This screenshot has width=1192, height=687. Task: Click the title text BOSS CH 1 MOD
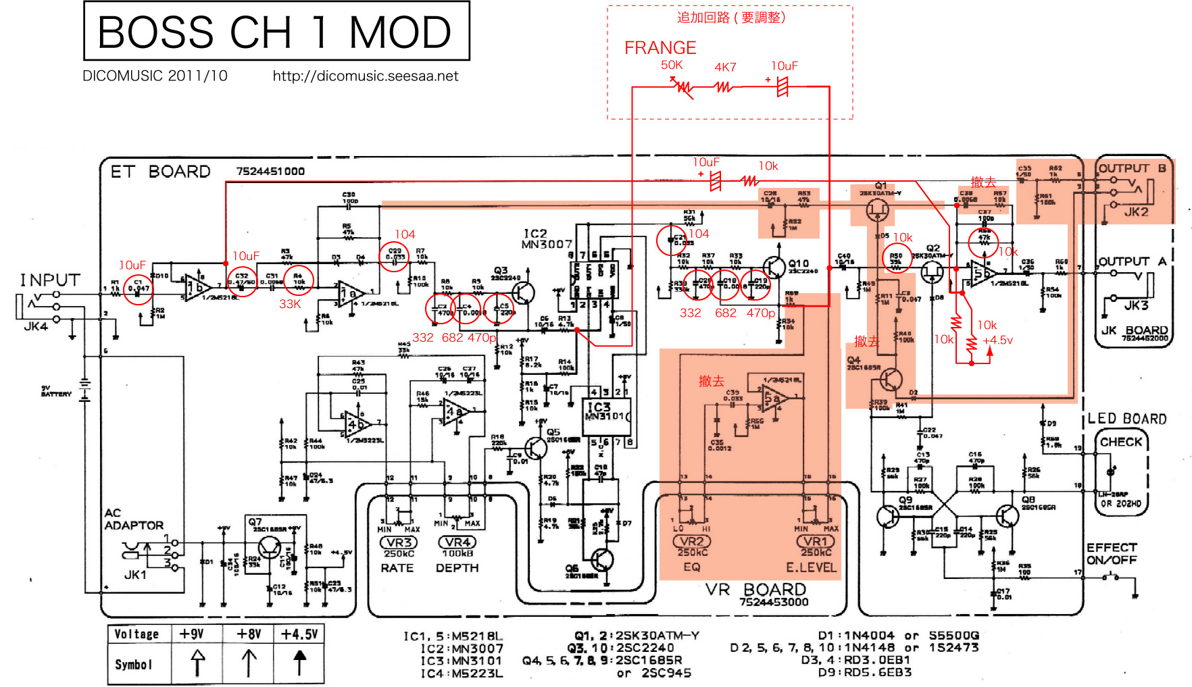pyautogui.click(x=275, y=32)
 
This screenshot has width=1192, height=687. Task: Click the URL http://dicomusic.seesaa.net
pyautogui.click(x=365, y=76)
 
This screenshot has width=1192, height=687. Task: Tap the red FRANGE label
pyautogui.click(x=660, y=48)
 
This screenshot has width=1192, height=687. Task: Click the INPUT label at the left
pyautogui.click(x=50, y=280)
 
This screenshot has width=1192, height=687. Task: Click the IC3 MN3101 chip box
pyautogui.click(x=607, y=411)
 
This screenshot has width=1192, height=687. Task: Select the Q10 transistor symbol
pyautogui.click(x=774, y=267)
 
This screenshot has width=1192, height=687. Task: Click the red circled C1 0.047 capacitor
pyautogui.click(x=139, y=288)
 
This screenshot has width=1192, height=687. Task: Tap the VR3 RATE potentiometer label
pyautogui.click(x=399, y=542)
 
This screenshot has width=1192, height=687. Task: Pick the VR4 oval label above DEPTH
pyautogui.click(x=457, y=542)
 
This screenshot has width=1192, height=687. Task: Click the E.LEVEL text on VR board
pyautogui.click(x=811, y=567)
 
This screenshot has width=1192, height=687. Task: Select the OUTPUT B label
pyautogui.click(x=1132, y=168)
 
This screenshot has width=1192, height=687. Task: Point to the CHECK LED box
pyautogui.click(x=1120, y=442)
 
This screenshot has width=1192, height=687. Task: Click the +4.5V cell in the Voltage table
pyautogui.click(x=299, y=634)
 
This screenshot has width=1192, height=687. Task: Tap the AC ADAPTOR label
pyautogui.click(x=133, y=519)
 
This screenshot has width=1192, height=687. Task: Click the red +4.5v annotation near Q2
pyautogui.click(x=997, y=340)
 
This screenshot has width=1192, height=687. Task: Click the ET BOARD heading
pyautogui.click(x=160, y=172)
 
